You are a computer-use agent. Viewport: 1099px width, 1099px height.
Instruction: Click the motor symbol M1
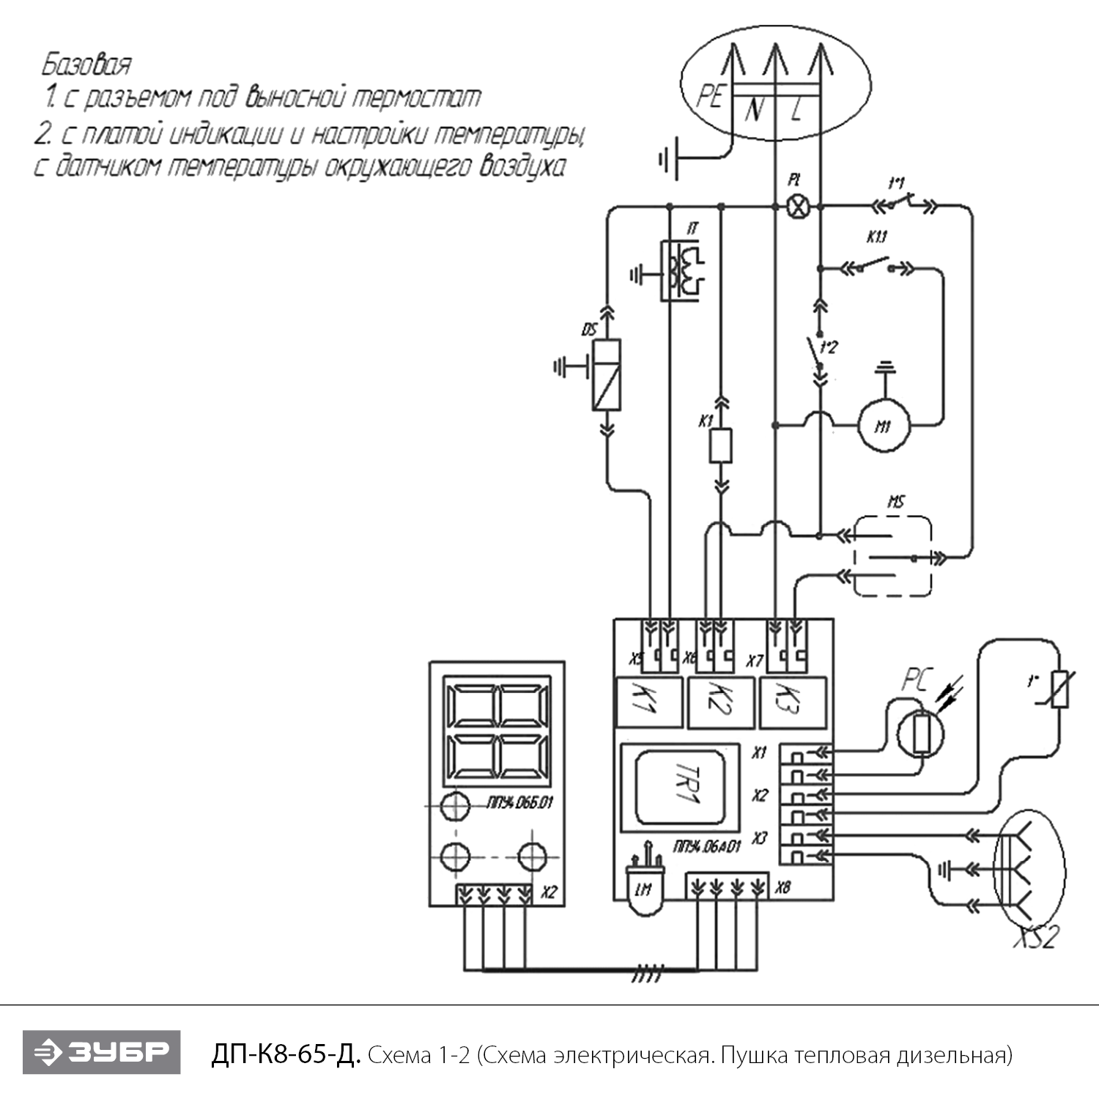pos(883,425)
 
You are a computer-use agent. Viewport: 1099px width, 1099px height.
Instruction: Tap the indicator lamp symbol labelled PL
pos(798,207)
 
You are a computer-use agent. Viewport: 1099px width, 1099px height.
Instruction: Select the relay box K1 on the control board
pos(648,702)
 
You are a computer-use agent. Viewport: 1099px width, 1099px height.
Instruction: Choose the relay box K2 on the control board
pos(721,702)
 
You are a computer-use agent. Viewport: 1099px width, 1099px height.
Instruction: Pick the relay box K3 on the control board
pos(794,702)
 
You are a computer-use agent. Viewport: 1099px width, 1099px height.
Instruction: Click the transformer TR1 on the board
pos(679,788)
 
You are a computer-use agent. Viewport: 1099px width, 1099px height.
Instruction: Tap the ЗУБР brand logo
pos(101,1052)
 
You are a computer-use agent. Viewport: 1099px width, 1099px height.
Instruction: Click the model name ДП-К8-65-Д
pos(286,1054)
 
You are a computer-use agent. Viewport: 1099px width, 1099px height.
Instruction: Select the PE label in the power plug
pos(709,96)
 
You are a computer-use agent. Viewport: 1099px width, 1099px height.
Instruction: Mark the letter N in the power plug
pos(754,111)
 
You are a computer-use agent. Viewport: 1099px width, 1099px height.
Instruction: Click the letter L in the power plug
pos(798,111)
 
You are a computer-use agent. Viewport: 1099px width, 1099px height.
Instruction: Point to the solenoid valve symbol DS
pos(607,374)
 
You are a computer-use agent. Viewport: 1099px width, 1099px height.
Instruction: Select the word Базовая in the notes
pos(86,64)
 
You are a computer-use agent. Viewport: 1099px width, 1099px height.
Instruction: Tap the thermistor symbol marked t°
pos(1059,689)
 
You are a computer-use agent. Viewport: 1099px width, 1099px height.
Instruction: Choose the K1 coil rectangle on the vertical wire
pos(721,445)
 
